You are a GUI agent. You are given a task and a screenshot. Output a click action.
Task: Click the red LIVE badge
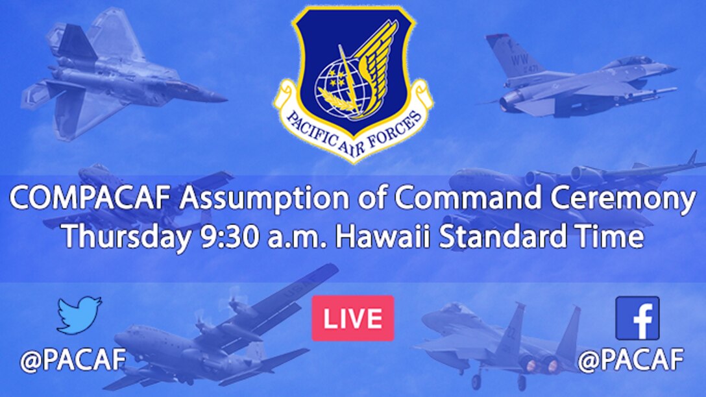pyautogui.click(x=352, y=318)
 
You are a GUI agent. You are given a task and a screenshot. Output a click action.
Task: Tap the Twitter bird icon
pyautogui.click(x=79, y=315)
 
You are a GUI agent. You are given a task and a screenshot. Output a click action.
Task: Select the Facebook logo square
pyautogui.click(x=637, y=318)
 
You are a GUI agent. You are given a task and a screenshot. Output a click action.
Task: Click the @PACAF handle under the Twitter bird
pyautogui.click(x=72, y=360)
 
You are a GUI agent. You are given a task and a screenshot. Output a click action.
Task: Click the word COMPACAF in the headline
pyautogui.click(x=92, y=200)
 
